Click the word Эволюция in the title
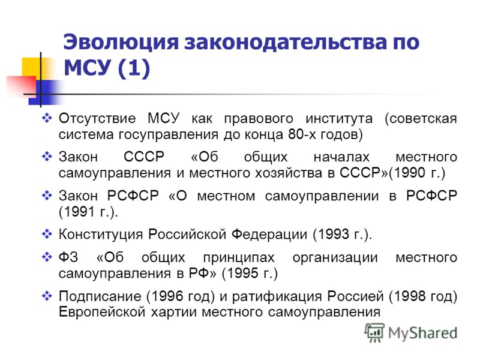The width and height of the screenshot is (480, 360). pyautogui.click(x=121, y=41)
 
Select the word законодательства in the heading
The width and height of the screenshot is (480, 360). pyautogui.click(x=284, y=42)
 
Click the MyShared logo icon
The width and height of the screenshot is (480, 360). pyautogui.click(x=374, y=332)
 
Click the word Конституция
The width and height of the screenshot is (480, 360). pyautogui.click(x=101, y=235)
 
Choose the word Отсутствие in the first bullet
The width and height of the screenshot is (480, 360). pyautogui.click(x=97, y=118)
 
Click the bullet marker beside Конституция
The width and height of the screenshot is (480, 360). pyautogui.click(x=47, y=234)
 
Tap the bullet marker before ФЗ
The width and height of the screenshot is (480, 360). pyautogui.click(x=47, y=257)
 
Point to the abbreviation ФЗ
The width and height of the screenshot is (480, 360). pyautogui.click(x=68, y=257)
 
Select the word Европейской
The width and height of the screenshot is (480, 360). pyautogui.click(x=102, y=313)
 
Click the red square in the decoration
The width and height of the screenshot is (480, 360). pyautogui.click(x=21, y=86)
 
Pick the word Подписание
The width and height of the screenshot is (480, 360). pyautogui.click(x=100, y=296)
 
